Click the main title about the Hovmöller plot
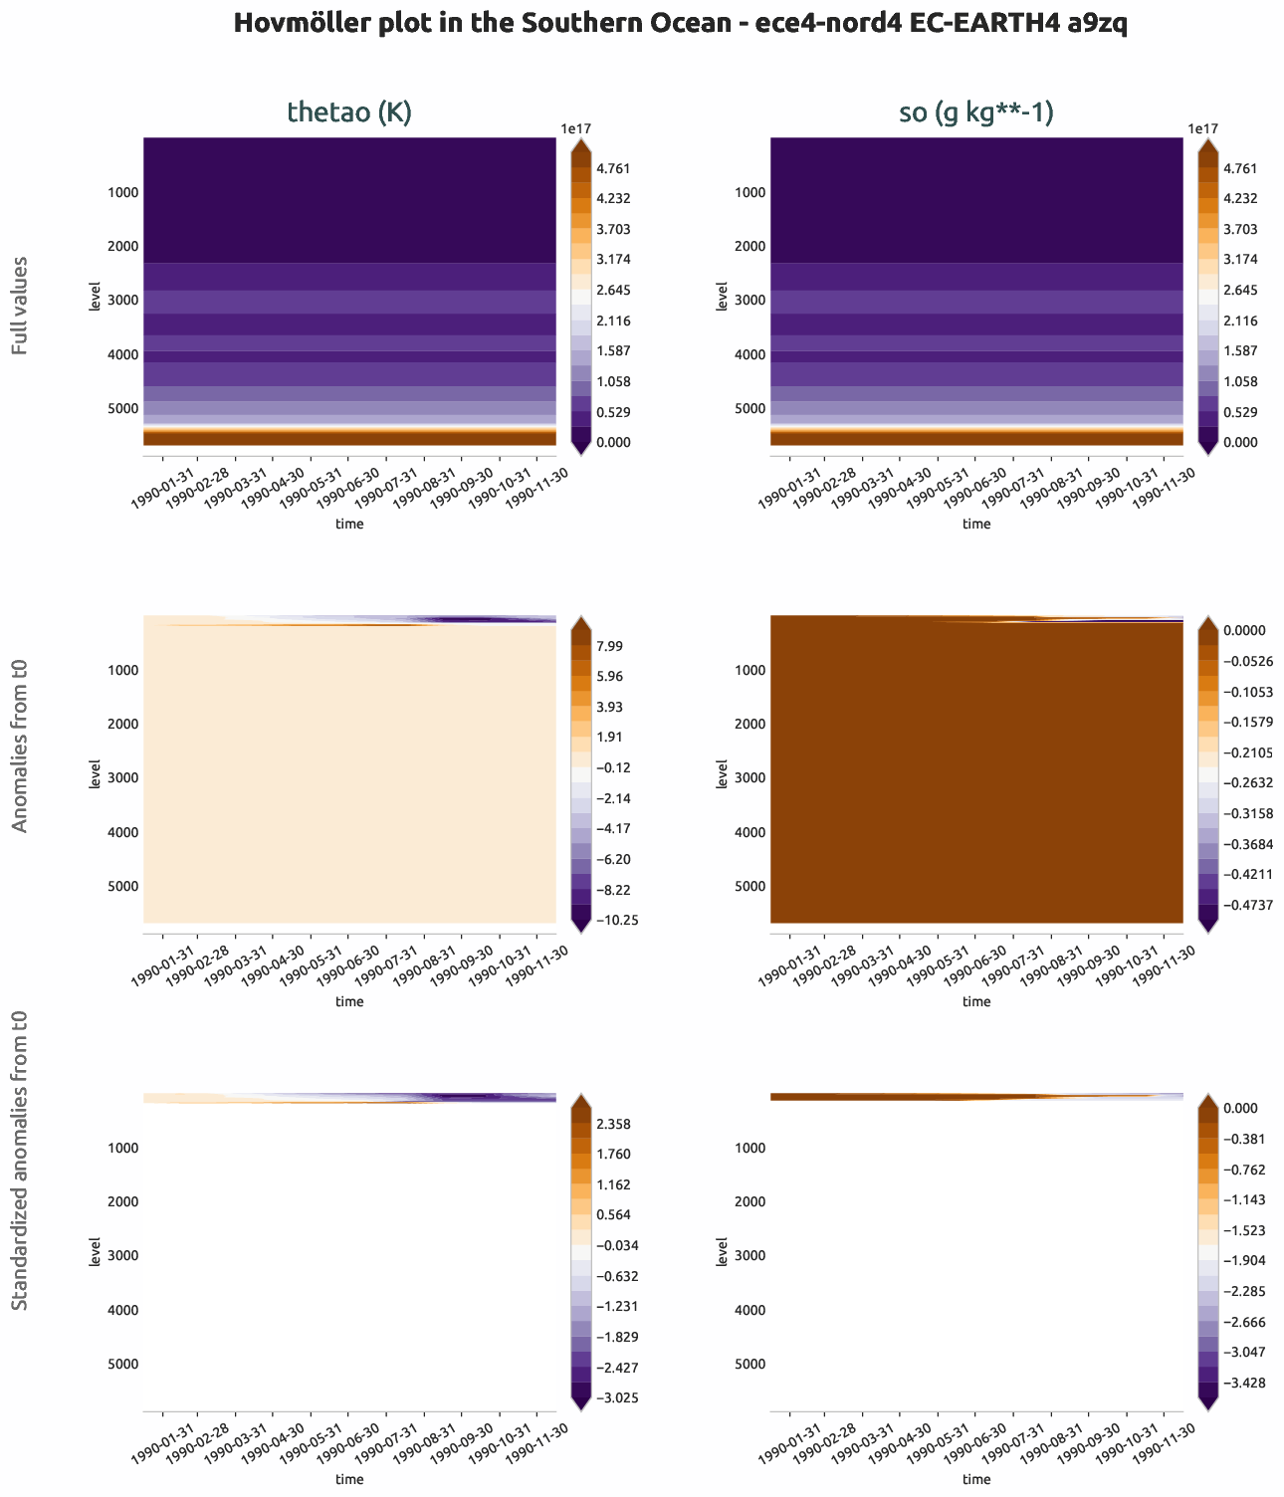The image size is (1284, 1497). point(680,24)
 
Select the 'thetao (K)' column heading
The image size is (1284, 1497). point(349,112)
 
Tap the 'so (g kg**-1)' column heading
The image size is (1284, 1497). point(976,112)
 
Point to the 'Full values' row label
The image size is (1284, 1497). point(20,306)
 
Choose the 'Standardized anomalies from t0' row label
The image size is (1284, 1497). point(20,1160)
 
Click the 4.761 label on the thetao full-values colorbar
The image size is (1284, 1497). point(614,168)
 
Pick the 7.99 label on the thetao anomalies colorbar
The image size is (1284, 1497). point(609,646)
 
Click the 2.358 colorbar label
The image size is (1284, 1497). point(613,1124)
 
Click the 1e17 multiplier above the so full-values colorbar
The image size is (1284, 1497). point(1202,128)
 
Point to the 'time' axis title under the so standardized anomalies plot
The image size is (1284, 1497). point(976,1479)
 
